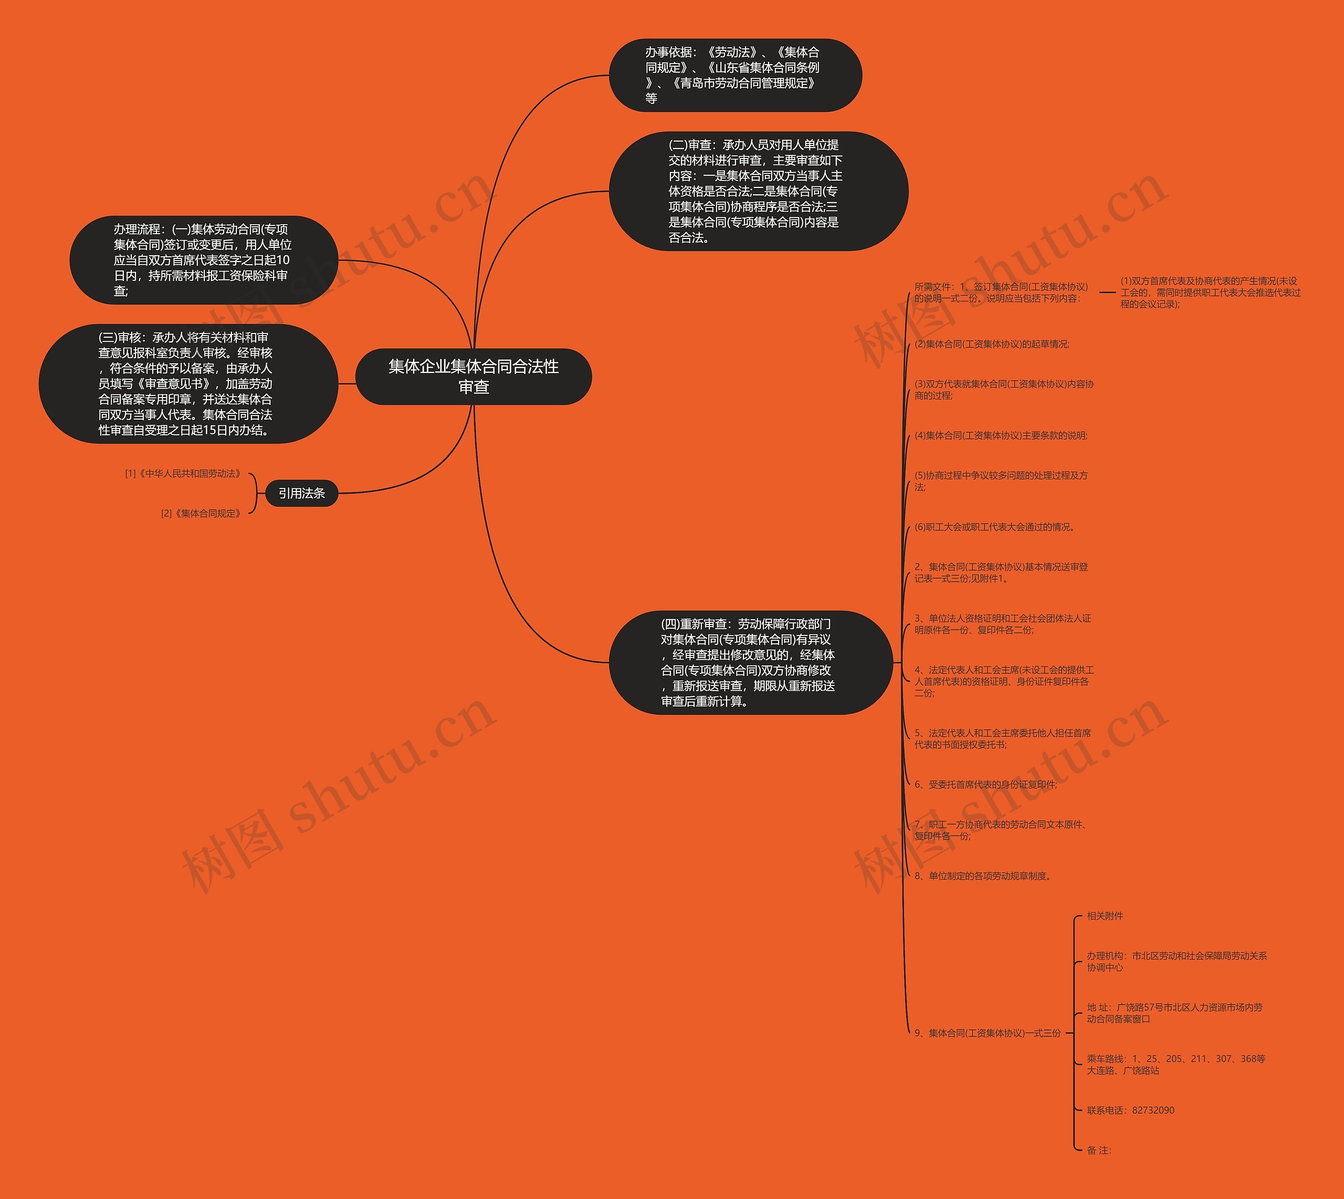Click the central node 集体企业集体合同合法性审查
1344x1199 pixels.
[x=473, y=376]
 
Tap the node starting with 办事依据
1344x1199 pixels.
[x=734, y=75]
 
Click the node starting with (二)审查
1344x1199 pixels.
[x=757, y=191]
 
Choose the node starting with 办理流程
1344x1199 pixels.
[x=203, y=260]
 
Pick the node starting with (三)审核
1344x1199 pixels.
[x=187, y=383]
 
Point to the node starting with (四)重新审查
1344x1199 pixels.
[x=749, y=662]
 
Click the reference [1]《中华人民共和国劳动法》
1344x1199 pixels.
[x=184, y=474]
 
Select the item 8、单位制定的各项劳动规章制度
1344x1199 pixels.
[x=982, y=876]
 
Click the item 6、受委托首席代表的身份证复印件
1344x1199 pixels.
[x=985, y=785]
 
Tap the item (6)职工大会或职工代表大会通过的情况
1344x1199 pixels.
[x=994, y=527]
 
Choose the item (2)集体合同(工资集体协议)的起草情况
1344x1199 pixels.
[x=992, y=344]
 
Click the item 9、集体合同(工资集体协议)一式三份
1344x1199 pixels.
[x=987, y=1033]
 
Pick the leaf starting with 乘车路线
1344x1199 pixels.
[x=1175, y=1065]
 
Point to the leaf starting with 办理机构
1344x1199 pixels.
[x=1176, y=961]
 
